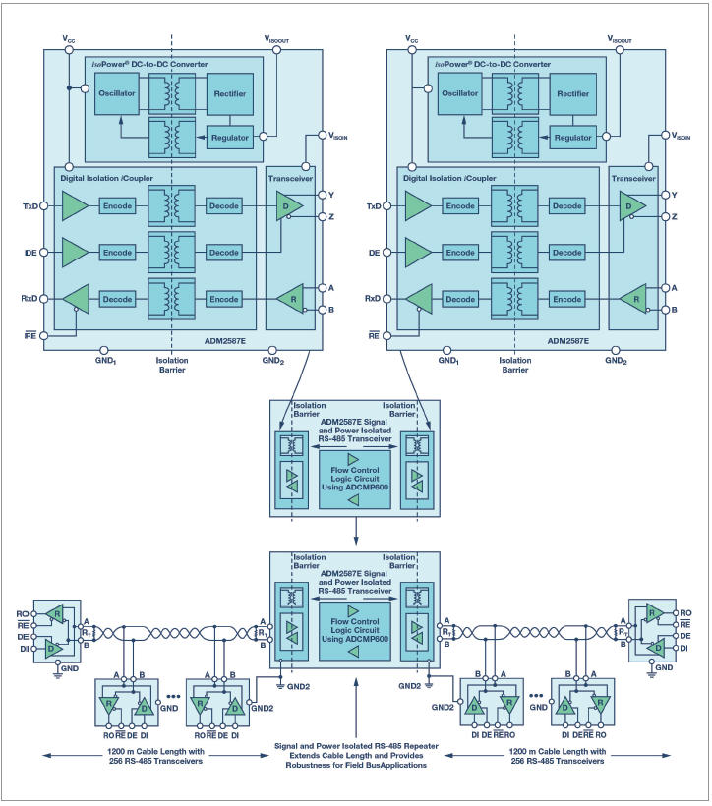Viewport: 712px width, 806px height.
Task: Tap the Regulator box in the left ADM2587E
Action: pyautogui.click(x=229, y=137)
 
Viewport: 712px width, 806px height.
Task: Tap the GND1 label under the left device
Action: pyautogui.click(x=106, y=361)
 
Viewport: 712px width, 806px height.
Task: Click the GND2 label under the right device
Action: pyautogui.click(x=616, y=361)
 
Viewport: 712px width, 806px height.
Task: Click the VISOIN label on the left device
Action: pyautogui.click(x=334, y=138)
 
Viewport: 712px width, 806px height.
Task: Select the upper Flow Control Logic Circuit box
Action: pyautogui.click(x=355, y=479)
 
